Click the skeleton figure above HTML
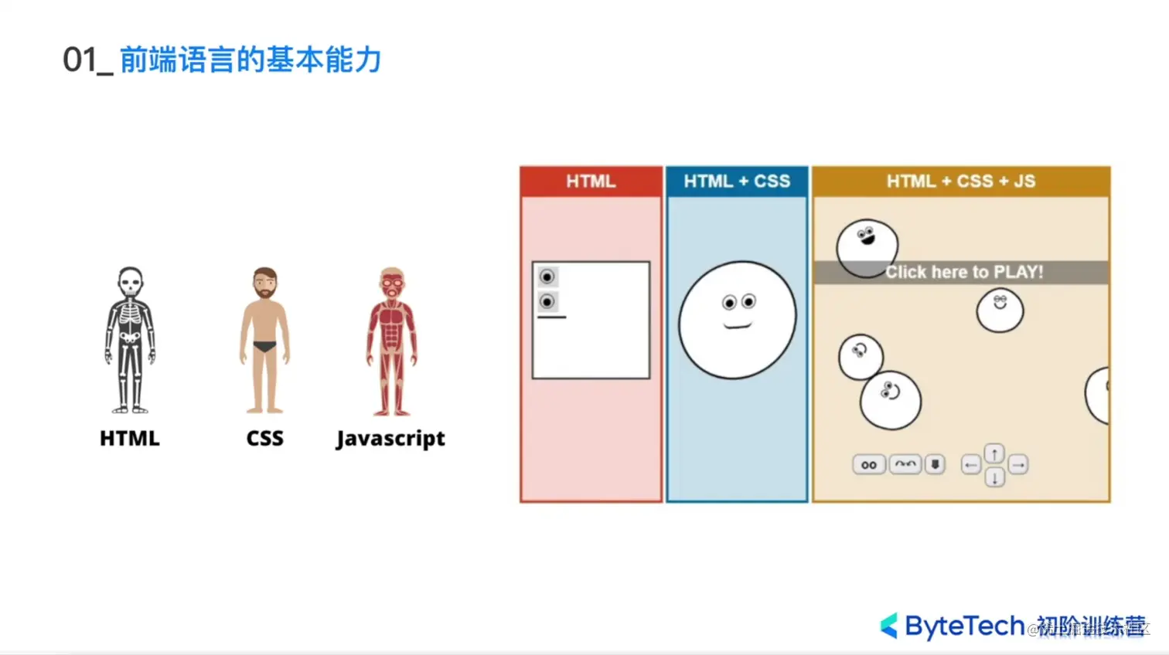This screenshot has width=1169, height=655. click(x=130, y=340)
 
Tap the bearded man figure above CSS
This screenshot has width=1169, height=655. click(x=264, y=340)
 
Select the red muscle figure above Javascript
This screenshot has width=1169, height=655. click(x=392, y=340)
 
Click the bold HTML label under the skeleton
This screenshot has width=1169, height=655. click(x=130, y=438)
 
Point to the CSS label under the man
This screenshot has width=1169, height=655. click(x=264, y=438)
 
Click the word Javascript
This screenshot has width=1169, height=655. click(x=390, y=438)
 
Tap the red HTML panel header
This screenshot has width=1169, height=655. click(x=591, y=182)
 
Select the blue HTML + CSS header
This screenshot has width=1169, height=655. click(x=737, y=182)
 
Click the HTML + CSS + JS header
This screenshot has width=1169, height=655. click(x=961, y=182)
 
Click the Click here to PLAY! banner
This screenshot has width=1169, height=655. click(x=963, y=272)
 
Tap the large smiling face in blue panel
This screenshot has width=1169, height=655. click(x=738, y=319)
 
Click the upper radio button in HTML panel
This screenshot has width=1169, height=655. click(x=547, y=277)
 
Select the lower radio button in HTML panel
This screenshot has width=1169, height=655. click(x=547, y=301)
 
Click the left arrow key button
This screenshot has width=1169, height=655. click(x=971, y=465)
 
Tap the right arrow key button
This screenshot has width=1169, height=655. click(x=1018, y=465)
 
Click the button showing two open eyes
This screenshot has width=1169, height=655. click(x=869, y=465)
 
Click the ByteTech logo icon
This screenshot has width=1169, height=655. click(x=889, y=626)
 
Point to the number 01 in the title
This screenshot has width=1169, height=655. click(x=80, y=60)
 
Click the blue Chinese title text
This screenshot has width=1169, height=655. click(x=250, y=60)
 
